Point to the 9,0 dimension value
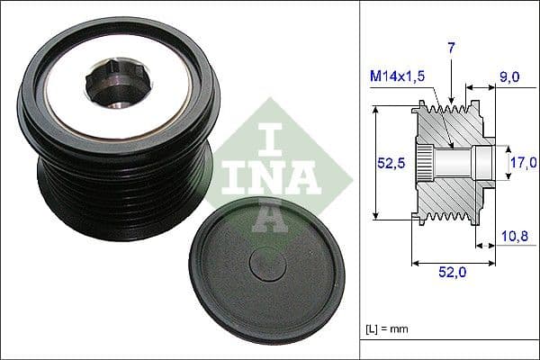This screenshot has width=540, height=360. tap(509, 78)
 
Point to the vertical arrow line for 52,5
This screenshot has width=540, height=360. tap(373, 162)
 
